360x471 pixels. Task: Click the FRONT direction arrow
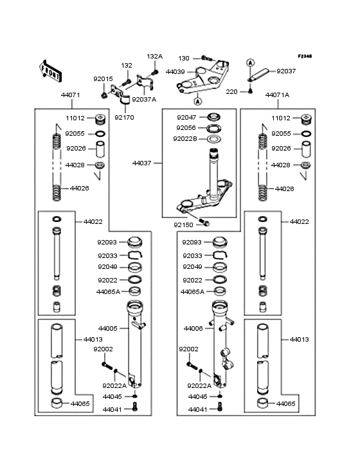[50, 71]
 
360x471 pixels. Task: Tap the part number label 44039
[175, 72]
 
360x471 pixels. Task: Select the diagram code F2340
[305, 56]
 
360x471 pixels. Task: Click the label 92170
[124, 118]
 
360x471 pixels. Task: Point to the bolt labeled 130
[206, 58]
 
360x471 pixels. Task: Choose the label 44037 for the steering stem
[141, 163]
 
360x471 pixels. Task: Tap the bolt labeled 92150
[204, 223]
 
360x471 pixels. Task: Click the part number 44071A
[277, 95]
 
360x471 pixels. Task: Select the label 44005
[108, 328]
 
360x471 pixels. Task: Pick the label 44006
[194, 328]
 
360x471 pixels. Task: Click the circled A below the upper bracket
[197, 102]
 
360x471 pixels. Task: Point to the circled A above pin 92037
[251, 63]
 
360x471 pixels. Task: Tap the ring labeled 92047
[214, 116]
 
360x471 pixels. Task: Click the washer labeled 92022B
[214, 139]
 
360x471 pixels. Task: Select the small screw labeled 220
[250, 91]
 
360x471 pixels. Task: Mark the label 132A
[155, 57]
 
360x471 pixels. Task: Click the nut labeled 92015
[104, 95]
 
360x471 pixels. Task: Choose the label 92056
[186, 127]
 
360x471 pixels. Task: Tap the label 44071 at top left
[71, 95]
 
